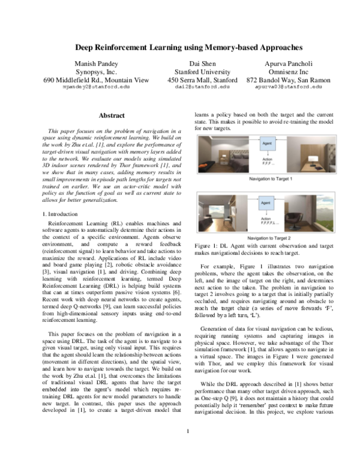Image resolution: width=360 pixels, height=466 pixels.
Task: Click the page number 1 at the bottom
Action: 188,447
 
